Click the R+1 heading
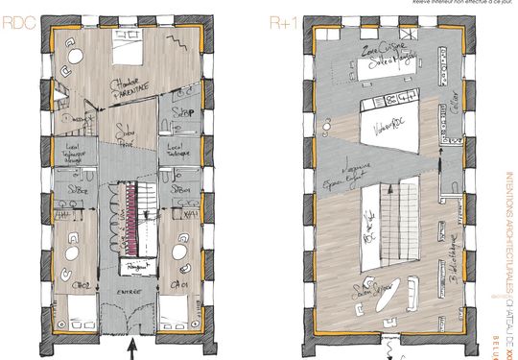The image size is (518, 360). pyautogui.click(x=284, y=21)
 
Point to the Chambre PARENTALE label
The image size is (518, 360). pyautogui.click(x=132, y=88)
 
